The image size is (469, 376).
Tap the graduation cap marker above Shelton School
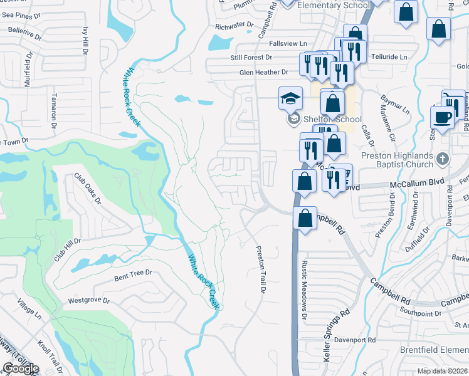point(291,98)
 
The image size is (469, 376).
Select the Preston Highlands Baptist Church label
point(396,160)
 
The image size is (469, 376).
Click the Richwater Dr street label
point(234,26)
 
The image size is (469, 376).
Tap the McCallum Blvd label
point(416,183)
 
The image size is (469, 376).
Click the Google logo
point(20,368)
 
